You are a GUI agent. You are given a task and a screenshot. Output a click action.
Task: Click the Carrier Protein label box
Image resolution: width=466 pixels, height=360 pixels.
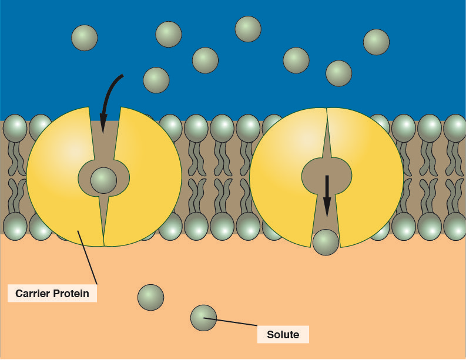pyautogui.click(x=52, y=293)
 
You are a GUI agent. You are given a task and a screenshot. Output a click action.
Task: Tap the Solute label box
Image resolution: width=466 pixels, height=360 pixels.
pyautogui.click(x=283, y=335)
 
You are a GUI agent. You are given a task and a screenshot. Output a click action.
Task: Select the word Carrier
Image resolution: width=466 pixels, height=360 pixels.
pyautogui.click(x=32, y=293)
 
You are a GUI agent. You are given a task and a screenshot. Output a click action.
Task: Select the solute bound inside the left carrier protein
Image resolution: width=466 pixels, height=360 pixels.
pyautogui.click(x=103, y=180)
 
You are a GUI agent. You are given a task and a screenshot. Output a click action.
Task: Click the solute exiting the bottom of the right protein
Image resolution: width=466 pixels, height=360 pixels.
pyautogui.click(x=326, y=243)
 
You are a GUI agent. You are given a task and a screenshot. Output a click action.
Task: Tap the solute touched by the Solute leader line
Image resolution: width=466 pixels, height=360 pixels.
pyautogui.click(x=203, y=318)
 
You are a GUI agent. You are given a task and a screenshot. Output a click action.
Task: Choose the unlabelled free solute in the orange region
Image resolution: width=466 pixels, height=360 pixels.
pyautogui.click(x=150, y=297)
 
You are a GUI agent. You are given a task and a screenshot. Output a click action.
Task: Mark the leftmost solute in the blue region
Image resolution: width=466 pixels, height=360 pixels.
pyautogui.click(x=84, y=38)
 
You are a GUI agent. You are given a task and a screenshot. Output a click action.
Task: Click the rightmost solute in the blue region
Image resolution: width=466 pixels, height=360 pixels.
pyautogui.click(x=376, y=42)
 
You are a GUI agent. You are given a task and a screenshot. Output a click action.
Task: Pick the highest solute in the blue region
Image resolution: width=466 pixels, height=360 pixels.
pyautogui.click(x=248, y=29)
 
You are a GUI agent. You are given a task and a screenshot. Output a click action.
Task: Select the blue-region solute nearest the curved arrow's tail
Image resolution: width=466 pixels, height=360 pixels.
pyautogui.click(x=156, y=80)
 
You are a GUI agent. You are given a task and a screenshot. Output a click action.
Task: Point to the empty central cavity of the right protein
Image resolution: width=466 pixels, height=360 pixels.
pyautogui.click(x=327, y=171)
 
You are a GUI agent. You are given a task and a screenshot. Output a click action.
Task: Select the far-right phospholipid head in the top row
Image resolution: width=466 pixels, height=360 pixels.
pyautogui.click(x=455, y=128)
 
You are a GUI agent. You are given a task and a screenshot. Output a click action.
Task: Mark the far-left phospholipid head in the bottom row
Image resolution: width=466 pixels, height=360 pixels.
pyautogui.click(x=15, y=226)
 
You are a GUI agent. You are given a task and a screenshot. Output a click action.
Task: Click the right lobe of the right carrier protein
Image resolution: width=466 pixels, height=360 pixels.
pyautogui.click(x=370, y=176)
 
